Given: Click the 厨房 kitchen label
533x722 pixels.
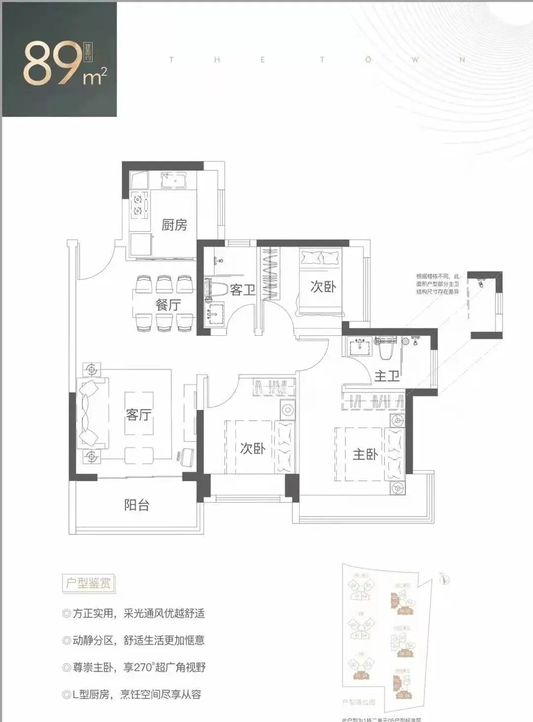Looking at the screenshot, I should [174, 225].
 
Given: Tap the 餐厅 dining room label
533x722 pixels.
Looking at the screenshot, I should [168, 305].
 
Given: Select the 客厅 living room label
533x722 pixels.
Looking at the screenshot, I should [139, 414].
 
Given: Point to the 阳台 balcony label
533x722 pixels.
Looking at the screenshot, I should [136, 505].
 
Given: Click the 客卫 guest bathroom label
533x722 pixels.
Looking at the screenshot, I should [242, 290].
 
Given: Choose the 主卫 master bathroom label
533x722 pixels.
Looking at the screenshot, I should [386, 376].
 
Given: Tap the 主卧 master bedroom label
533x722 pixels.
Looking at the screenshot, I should [365, 454].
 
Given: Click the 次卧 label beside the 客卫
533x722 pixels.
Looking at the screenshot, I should [323, 286].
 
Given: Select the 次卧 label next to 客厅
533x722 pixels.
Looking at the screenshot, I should [253, 448].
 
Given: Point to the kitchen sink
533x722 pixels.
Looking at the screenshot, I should [174, 181].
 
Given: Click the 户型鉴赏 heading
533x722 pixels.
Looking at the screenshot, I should [88, 583].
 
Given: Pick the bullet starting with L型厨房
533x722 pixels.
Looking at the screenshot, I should [132, 694].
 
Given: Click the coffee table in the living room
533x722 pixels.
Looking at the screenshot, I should [139, 414].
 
